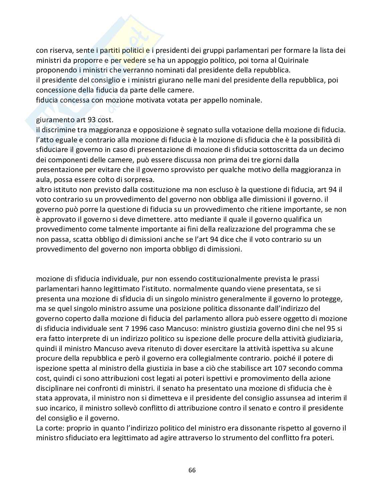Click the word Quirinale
tap(293, 60)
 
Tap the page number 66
tap(192, 470)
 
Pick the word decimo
tap(332, 149)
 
